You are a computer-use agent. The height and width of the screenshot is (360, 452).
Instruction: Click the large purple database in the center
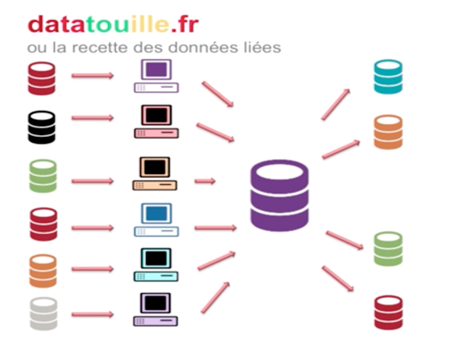click(280, 195)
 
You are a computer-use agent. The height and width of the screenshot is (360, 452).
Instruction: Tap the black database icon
click(41, 127)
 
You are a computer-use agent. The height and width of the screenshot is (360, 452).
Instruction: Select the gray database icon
click(44, 314)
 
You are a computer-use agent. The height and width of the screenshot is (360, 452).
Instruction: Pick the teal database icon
click(388, 77)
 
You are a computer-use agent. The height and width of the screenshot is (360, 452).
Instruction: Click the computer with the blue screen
click(156, 220)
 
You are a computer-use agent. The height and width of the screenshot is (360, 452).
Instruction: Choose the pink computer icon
click(156, 122)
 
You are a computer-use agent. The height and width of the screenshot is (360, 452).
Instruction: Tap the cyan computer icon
click(155, 265)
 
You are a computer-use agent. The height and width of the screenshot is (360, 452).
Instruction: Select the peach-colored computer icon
click(155, 173)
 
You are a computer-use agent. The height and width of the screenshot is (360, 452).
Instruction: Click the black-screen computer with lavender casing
click(155, 309)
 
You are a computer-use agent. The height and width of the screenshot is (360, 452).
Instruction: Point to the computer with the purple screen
click(156, 76)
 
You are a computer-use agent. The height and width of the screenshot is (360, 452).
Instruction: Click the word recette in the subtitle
click(100, 47)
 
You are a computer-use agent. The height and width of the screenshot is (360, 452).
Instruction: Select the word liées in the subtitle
click(262, 47)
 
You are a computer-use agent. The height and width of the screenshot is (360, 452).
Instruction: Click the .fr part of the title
click(184, 25)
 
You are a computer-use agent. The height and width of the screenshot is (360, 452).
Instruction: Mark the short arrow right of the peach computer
click(205, 181)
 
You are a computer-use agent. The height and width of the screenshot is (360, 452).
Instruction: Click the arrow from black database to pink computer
click(93, 117)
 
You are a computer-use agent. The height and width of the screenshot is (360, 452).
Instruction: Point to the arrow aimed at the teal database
click(335, 104)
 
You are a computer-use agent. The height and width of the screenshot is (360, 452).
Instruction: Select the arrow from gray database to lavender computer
click(93, 314)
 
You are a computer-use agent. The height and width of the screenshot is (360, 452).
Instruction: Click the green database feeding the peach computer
click(43, 176)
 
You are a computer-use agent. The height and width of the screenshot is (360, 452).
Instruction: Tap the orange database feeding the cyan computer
click(43, 271)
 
